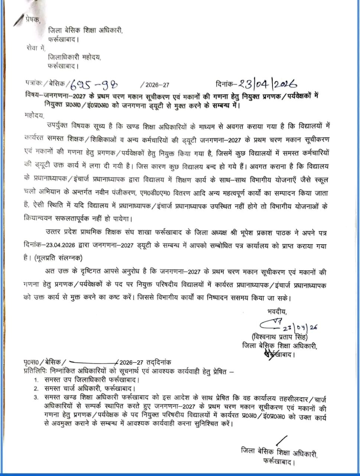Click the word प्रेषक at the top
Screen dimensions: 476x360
coord(33,19)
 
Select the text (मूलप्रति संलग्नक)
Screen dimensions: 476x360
coord(58,258)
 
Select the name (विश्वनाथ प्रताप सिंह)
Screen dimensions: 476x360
coord(279,337)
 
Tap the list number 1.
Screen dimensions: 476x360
coord(36,380)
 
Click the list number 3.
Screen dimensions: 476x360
coord(36,397)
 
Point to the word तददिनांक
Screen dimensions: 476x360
coord(159,362)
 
